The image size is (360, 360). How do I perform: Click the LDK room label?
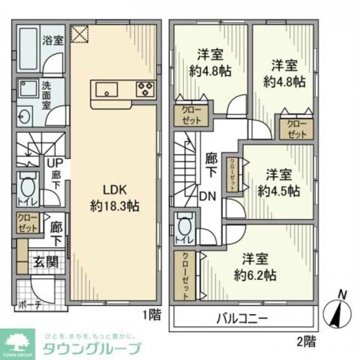point(114,190)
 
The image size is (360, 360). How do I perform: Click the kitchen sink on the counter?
point(107,89)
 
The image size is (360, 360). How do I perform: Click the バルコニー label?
point(242,318)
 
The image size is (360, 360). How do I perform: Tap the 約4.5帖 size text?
point(278,190)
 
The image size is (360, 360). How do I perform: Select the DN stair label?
point(208,196)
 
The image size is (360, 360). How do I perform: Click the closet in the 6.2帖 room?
point(185,276)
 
